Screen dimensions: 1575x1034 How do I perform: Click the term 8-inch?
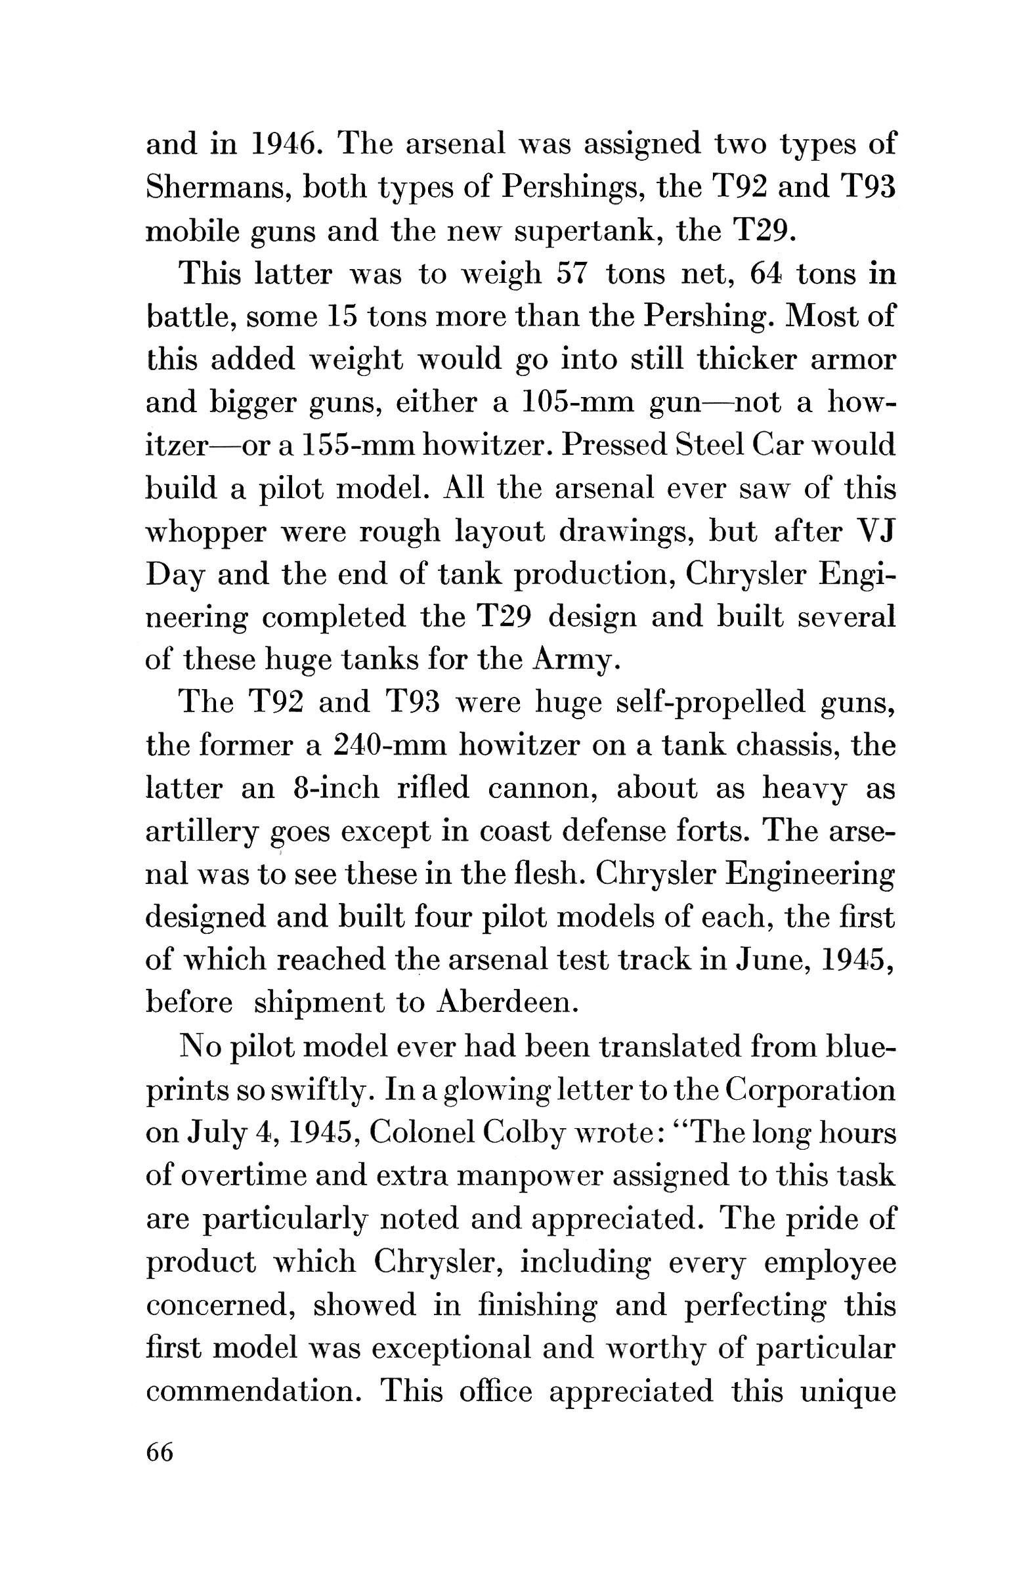[x=334, y=789]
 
